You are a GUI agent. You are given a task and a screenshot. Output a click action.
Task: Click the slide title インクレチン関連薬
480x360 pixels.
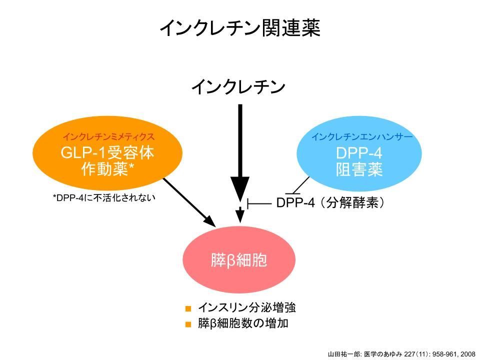(x=239, y=28)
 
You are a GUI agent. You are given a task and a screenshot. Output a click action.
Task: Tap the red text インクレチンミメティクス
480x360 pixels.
(x=108, y=136)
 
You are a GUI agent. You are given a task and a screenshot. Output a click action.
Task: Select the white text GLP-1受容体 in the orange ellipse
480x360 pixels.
(x=107, y=153)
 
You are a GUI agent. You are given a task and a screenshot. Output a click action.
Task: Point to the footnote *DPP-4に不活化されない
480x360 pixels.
(x=104, y=197)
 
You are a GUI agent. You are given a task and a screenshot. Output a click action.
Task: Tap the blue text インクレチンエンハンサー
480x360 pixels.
(x=362, y=136)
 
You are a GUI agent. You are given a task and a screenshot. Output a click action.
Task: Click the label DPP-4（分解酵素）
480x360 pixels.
(x=330, y=203)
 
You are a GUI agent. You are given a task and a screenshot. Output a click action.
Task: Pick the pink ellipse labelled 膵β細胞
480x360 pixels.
(x=239, y=260)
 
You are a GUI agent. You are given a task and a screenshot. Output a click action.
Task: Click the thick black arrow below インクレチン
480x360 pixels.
(x=240, y=150)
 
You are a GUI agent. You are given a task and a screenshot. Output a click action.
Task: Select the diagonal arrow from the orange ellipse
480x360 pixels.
(x=187, y=201)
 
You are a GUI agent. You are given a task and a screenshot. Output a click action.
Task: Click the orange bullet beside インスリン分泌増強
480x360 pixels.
(x=188, y=308)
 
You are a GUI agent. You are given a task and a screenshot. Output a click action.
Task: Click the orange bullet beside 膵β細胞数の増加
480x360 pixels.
(x=188, y=324)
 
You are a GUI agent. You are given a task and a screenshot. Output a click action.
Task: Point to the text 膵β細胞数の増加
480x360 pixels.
(x=243, y=323)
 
